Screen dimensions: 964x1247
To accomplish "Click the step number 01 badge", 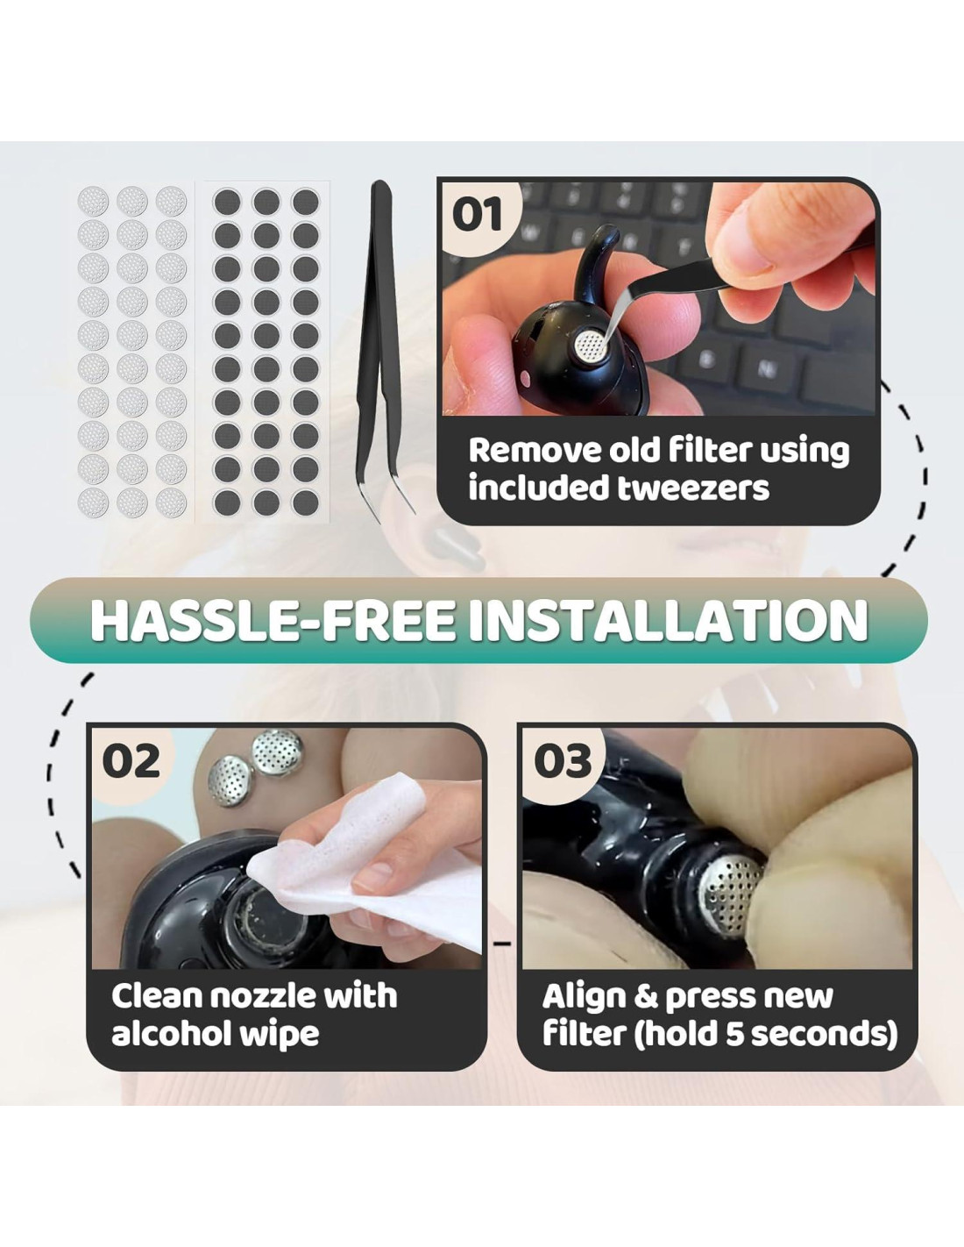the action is [x=477, y=215].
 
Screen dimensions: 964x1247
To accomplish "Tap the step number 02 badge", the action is [x=131, y=761].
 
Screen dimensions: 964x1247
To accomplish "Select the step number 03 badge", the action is [x=563, y=761].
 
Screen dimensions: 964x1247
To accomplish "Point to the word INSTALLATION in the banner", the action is [x=669, y=620].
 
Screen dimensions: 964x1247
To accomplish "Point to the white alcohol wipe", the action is [x=367, y=861].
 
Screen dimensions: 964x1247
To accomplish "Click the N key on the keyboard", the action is [x=767, y=369].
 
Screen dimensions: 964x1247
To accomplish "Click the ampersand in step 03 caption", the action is [x=646, y=998].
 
